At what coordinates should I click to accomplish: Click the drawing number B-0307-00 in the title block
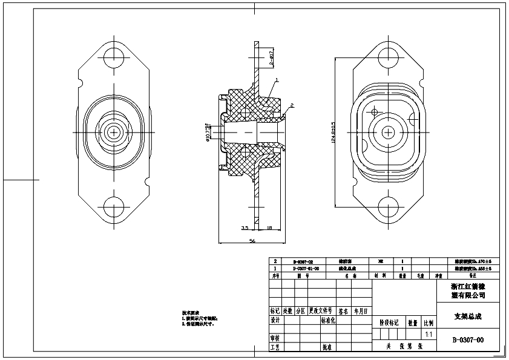tap(468, 340)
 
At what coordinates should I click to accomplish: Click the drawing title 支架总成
tap(468, 316)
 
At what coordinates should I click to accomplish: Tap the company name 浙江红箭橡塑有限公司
tap(468, 290)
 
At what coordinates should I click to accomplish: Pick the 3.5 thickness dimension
tap(245, 228)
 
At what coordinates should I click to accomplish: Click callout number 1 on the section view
tap(277, 80)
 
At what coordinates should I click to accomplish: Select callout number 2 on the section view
tap(292, 105)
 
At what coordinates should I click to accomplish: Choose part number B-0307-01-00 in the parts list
tap(306, 267)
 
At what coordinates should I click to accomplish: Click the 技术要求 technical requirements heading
tap(191, 313)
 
